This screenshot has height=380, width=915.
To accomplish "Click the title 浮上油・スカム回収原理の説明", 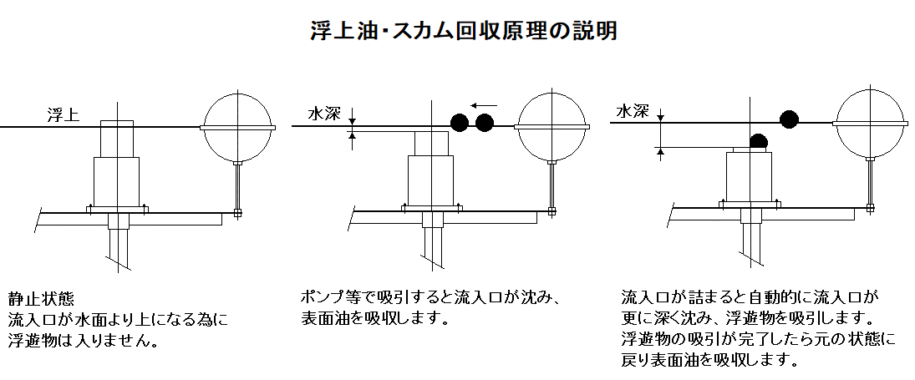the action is point(463,30).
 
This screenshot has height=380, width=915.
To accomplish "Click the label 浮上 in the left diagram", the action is point(63,114).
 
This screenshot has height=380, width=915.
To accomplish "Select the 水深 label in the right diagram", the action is point(633,111).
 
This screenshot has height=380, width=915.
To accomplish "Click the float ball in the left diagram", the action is point(237,127).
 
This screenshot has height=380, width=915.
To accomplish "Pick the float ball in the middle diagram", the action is point(552,127).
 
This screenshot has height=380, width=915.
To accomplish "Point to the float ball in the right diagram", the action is point(870,123).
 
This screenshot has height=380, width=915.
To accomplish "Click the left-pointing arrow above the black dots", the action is point(484,105).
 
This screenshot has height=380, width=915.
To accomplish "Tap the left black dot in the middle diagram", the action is point(460,123).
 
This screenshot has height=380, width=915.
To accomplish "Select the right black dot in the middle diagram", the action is point(485,123).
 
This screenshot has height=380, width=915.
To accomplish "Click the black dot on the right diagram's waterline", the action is point(789,119).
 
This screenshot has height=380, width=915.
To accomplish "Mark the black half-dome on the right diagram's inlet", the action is point(759,142).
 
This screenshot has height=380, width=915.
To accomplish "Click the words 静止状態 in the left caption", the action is point(42,300).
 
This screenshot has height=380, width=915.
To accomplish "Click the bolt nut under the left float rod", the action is point(237,213).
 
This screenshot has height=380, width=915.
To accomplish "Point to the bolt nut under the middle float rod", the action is point(552,211).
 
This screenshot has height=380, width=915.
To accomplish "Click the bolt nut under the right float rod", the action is point(870,207).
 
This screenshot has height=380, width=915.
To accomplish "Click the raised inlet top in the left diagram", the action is point(117,139).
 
